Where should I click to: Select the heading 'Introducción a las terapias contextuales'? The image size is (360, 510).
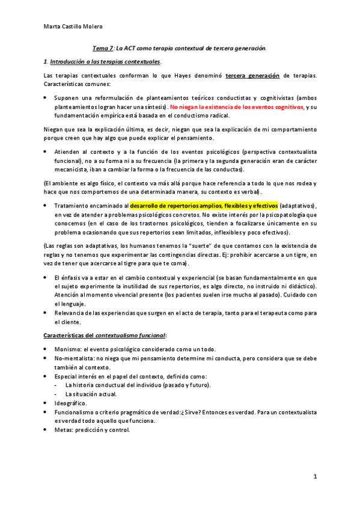pyautogui.click(x=105, y=61)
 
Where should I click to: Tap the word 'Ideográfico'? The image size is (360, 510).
pyautogui.click(x=71, y=402)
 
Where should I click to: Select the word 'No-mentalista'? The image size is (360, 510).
pyautogui.click(x=74, y=358)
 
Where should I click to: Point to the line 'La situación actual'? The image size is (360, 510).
pyautogui.click(x=91, y=394)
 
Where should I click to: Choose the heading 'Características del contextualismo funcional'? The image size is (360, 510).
pyautogui.click(x=105, y=334)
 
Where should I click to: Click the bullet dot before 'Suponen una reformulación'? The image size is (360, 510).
pyautogui.click(x=47, y=97)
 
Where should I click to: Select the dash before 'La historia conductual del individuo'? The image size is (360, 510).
pyautogui.click(x=56, y=385)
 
